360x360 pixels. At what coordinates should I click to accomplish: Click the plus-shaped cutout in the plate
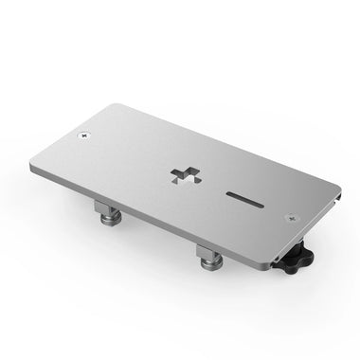click(188, 175)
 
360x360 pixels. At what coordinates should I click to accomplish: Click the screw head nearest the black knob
click(291, 217)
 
